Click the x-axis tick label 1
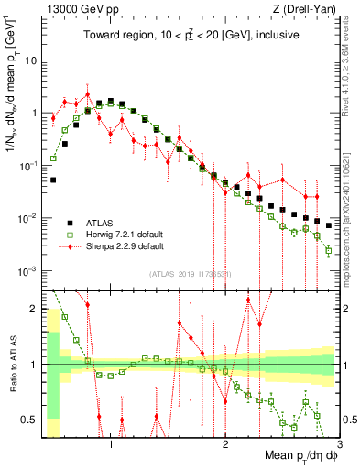click(x=111, y=445)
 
